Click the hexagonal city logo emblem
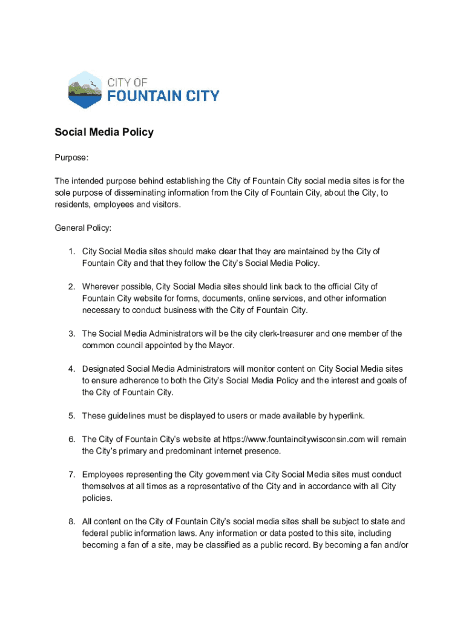pyautogui.click(x=85, y=90)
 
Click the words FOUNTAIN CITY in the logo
pyautogui.click(x=163, y=96)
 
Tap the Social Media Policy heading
pyautogui.click(x=104, y=132)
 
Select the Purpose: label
pyautogui.click(x=72, y=157)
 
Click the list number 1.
pyautogui.click(x=71, y=251)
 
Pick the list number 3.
pyautogui.click(x=71, y=334)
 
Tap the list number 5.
pyautogui.click(x=71, y=416)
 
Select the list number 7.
pyautogui.click(x=71, y=475)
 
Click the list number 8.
pyautogui.click(x=71, y=521)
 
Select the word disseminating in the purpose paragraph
pyautogui.click(x=160, y=193)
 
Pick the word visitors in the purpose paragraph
pyautogui.click(x=163, y=205)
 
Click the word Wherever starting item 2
pyautogui.click(x=100, y=286)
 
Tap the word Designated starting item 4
pyautogui.click(x=103, y=369)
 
